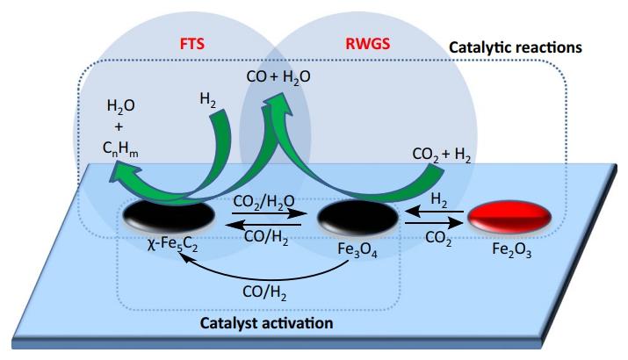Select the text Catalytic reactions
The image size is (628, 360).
click(x=516, y=45)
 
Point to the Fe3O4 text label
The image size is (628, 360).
click(x=352, y=248)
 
